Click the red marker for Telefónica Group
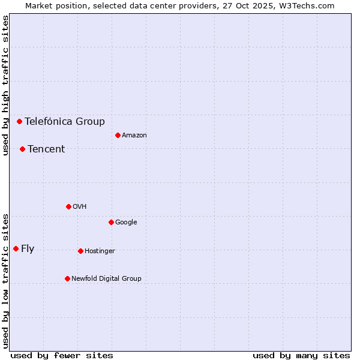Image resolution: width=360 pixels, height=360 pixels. pyautogui.click(x=19, y=121)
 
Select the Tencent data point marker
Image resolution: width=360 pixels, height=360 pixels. pyautogui.click(x=22, y=149)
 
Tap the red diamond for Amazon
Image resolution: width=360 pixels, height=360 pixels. pyautogui.click(x=118, y=135)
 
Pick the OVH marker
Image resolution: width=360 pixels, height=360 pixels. pyautogui.click(x=68, y=206)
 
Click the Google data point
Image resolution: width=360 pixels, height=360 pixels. pyautogui.click(x=111, y=222)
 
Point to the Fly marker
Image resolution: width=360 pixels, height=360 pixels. pyautogui.click(x=16, y=248)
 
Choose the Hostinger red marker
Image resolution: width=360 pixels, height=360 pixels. pyautogui.click(x=80, y=251)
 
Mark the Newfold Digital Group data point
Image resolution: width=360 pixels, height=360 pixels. pyautogui.click(x=67, y=278)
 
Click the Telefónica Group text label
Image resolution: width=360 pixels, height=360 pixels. pyautogui.click(x=64, y=121)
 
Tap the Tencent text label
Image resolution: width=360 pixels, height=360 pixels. pyautogui.click(x=46, y=149)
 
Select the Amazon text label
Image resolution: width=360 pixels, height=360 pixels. pyautogui.click(x=134, y=135)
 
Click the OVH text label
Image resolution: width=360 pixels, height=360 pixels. pyautogui.click(x=79, y=206)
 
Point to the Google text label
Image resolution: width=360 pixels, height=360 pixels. pyautogui.click(x=126, y=222)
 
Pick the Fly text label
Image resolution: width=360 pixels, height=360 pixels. pyautogui.click(x=28, y=248)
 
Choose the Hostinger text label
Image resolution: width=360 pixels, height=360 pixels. pyautogui.click(x=100, y=251)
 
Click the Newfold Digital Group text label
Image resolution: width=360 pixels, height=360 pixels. pyautogui.click(x=106, y=278)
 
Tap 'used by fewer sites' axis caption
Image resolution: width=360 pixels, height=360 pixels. pyautogui.click(x=62, y=355)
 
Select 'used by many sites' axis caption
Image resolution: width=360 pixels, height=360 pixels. pyautogui.click(x=301, y=355)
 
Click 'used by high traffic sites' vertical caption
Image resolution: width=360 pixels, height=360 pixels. pyautogui.click(x=5, y=85)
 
